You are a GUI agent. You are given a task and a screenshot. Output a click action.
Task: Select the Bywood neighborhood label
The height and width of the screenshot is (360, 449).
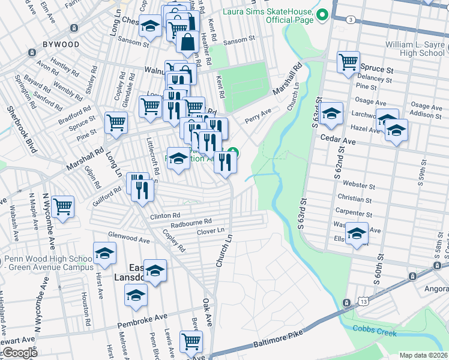click(61, 44)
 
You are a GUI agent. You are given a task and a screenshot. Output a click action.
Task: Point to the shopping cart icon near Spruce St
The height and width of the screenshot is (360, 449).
click(348, 62)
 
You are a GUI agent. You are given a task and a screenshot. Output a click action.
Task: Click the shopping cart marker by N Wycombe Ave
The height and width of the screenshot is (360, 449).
click(62, 207)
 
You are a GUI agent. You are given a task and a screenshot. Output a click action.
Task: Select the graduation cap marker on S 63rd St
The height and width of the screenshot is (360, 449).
click(331, 114)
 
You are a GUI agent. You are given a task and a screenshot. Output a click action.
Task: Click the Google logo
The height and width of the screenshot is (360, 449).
click(20, 353)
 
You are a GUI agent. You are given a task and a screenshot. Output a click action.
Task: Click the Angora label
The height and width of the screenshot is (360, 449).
click(435, 289)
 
